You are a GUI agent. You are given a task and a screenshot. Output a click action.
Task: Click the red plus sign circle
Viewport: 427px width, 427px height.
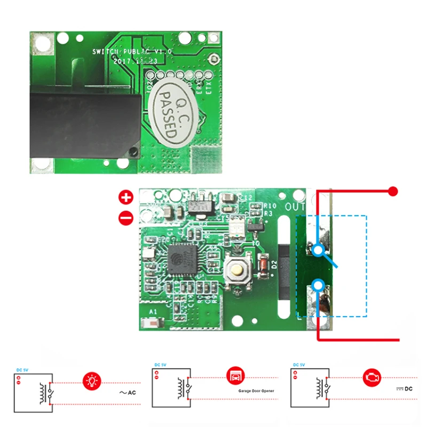pyautogui.click(x=126, y=197)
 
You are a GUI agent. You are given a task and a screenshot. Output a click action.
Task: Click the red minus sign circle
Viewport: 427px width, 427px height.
pyautogui.click(x=126, y=217)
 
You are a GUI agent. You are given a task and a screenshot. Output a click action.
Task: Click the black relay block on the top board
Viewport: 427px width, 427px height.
pyautogui.click(x=85, y=122)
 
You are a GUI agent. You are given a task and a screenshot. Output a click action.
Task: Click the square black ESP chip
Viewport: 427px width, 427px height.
pyautogui.click(x=182, y=259)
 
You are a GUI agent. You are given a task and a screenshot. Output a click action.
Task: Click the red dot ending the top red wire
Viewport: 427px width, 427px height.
pyautogui.click(x=393, y=191)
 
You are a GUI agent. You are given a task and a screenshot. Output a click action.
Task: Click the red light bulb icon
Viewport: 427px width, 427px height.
pyautogui.click(x=91, y=381)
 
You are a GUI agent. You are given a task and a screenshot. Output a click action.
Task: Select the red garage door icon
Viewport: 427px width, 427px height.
pyautogui.click(x=234, y=376)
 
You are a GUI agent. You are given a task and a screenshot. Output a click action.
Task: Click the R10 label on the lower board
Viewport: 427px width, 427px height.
pyautogui.click(x=270, y=205)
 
